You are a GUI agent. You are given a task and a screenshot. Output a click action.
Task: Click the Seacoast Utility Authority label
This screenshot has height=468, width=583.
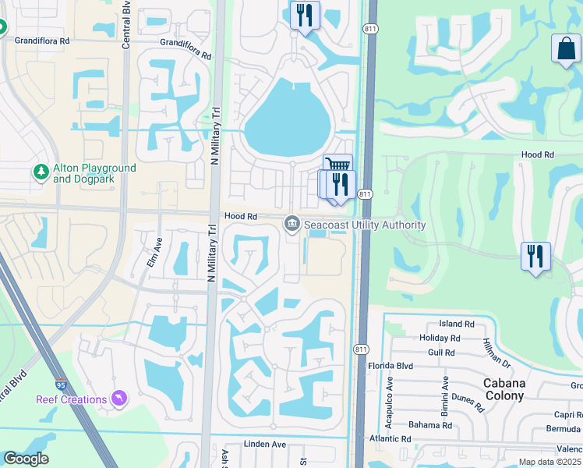(x=365, y=225)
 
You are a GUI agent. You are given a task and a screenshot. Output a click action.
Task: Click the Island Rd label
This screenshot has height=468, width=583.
(x=457, y=324)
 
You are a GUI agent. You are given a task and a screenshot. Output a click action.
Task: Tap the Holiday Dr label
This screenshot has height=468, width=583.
(x=439, y=339)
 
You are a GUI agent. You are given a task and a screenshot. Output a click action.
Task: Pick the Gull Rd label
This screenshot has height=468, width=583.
(x=440, y=353)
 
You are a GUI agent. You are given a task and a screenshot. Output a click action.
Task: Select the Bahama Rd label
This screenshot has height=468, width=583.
(x=430, y=425)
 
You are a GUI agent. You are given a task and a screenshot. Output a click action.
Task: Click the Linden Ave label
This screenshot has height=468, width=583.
(x=265, y=445)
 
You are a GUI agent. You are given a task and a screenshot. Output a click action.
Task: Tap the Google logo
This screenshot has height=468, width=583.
(x=26, y=459)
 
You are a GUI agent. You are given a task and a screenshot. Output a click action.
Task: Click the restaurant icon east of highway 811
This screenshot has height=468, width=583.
(x=535, y=256)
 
